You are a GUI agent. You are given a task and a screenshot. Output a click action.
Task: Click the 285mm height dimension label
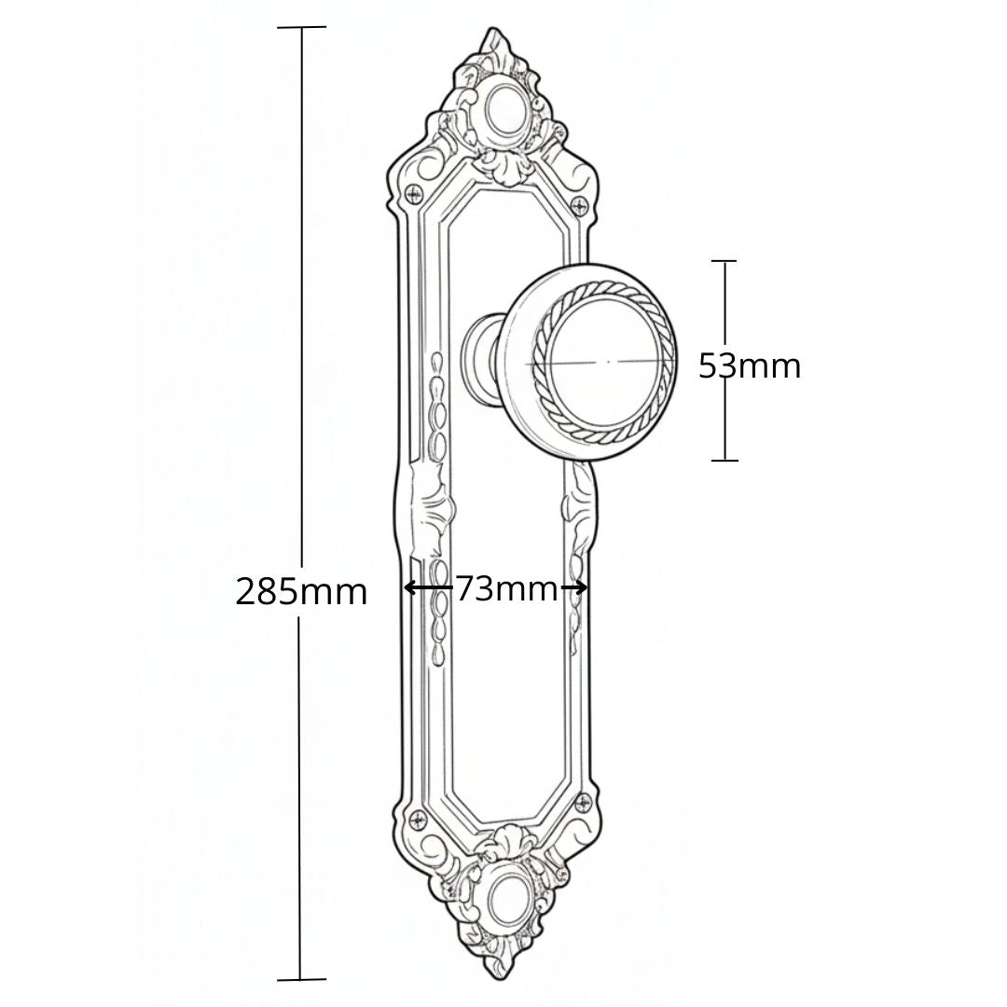(301, 591)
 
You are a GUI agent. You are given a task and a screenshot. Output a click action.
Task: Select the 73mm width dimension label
(506, 587)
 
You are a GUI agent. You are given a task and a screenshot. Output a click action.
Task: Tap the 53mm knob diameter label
(750, 366)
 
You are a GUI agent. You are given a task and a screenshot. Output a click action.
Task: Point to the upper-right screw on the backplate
(581, 205)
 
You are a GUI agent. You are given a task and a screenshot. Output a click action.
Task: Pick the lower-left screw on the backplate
(419, 819)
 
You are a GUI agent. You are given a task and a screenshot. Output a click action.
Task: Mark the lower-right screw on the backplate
(585, 801)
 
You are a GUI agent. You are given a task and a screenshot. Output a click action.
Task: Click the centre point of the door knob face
(609, 362)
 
